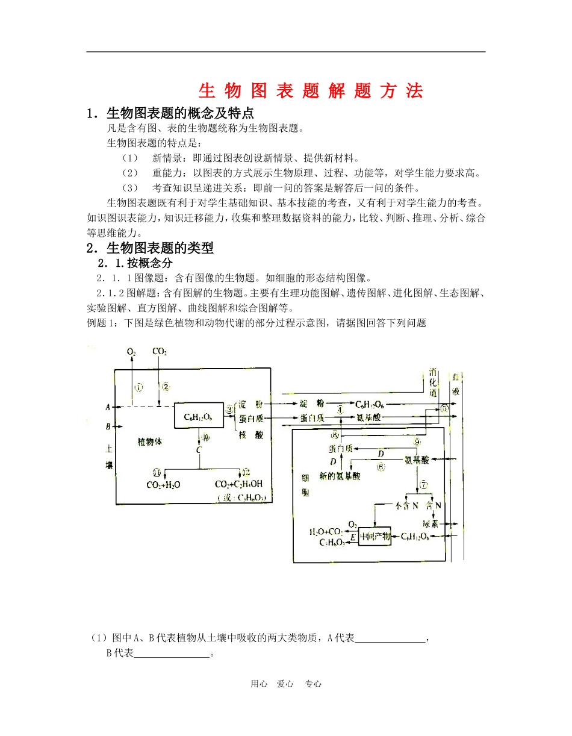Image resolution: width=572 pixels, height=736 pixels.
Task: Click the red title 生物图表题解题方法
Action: coord(311,90)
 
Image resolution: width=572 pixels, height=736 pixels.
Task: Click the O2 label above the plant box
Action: coord(131,351)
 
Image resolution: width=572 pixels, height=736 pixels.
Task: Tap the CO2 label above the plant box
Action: coord(160,351)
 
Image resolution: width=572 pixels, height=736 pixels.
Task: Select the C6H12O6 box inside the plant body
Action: coord(198,416)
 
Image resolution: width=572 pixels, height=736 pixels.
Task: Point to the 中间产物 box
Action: coord(375,535)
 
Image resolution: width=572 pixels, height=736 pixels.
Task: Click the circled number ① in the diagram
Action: coord(138,387)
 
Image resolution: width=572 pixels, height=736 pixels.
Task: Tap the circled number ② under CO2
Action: coord(166,387)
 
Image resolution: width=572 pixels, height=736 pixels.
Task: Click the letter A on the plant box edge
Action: coord(108,407)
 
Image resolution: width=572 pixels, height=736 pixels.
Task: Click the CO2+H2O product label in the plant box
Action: coord(163,484)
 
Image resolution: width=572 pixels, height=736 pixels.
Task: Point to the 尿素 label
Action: coord(430,523)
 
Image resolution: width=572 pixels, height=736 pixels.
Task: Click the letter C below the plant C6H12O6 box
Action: coord(198,450)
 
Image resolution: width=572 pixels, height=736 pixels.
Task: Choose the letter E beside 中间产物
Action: coord(353,535)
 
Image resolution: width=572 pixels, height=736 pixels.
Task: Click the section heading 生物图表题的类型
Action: coord(160,248)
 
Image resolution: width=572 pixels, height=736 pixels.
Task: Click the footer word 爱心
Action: coord(285,684)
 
